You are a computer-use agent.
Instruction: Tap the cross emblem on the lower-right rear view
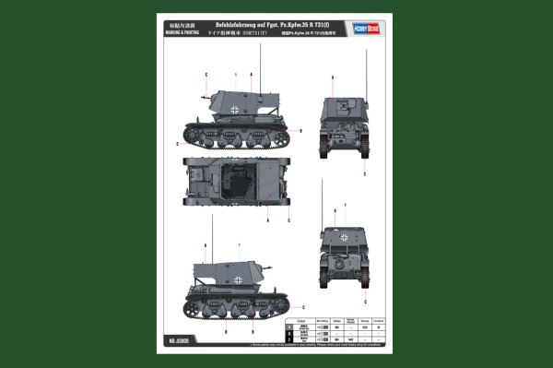tap(343, 238)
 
